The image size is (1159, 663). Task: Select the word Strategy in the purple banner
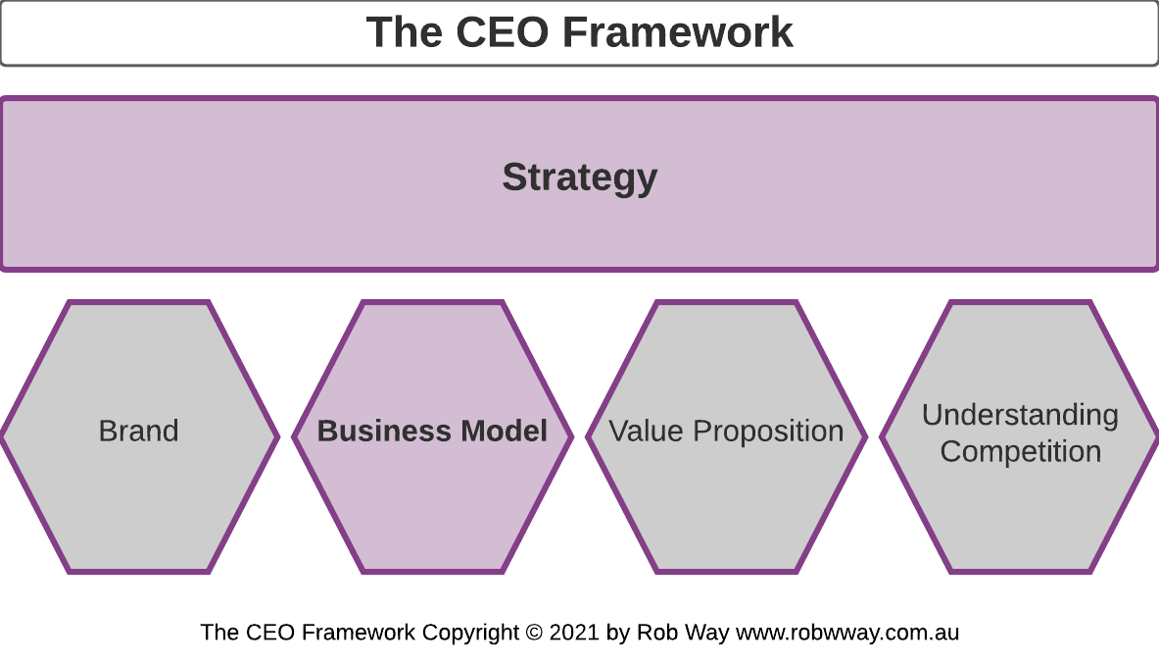click(x=580, y=178)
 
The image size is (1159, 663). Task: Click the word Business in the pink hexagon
click(x=383, y=432)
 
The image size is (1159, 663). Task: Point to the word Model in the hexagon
click(x=504, y=432)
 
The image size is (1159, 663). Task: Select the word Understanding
click(x=1020, y=415)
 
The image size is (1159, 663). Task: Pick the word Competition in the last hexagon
click(x=1020, y=452)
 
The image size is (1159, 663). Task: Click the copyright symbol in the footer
click(x=534, y=633)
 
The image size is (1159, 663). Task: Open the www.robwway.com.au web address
click(x=847, y=633)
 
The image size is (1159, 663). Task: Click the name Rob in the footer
click(x=655, y=633)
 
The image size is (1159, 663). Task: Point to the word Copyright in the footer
click(x=469, y=633)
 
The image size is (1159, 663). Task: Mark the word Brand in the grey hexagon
click(x=139, y=432)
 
